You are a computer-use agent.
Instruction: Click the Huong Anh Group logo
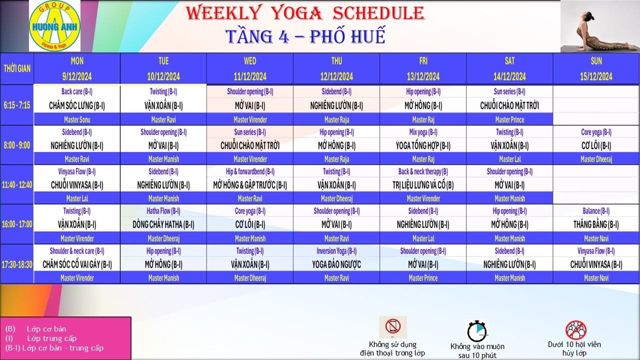54,25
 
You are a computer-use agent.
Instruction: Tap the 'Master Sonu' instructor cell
77,119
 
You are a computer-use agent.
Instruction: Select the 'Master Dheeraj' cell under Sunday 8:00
596,159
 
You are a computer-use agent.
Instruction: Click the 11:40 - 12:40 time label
17,185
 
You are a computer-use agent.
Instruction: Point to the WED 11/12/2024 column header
250,69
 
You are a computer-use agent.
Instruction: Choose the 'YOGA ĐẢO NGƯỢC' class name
336,264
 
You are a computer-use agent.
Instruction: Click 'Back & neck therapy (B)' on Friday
423,171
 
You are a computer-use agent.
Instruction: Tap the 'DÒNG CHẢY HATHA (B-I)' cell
163,224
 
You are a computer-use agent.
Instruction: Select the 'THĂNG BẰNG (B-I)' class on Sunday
596,224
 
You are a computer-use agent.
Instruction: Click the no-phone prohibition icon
393,327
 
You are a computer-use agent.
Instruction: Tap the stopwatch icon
477,331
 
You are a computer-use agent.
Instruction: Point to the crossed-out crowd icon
576,329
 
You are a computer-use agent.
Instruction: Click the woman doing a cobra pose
600,27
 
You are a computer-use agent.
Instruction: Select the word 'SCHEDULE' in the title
378,13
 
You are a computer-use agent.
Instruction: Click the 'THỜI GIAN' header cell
17,68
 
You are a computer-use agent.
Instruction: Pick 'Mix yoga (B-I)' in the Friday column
423,132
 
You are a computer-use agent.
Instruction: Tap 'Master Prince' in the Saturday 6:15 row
509,119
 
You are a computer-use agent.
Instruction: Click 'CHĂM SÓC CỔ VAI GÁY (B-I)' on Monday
77,264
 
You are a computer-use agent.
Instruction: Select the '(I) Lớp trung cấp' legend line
41,338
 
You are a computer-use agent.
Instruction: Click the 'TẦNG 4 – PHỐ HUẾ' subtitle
305,36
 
